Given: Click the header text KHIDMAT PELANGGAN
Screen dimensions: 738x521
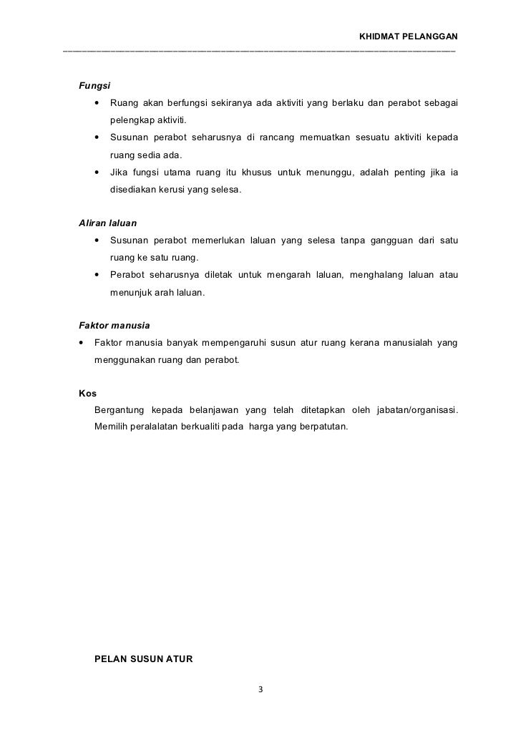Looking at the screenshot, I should tap(409, 37).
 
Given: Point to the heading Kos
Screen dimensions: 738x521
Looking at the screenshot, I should tap(86, 394).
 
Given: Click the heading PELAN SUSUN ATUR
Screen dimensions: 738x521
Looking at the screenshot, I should tap(143, 658).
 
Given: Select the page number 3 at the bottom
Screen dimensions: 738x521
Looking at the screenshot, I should tap(260, 690).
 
